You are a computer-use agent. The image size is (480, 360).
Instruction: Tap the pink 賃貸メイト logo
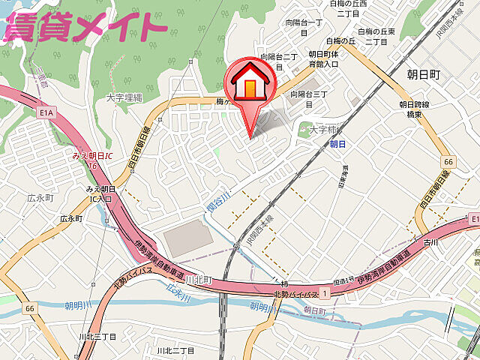point(84,27)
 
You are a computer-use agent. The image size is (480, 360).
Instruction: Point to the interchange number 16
point(92,164)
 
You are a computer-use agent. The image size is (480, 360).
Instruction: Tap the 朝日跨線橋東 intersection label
point(412,109)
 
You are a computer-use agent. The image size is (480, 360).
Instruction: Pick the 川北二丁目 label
point(175,350)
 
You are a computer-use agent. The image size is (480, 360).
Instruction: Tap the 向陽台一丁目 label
point(304,28)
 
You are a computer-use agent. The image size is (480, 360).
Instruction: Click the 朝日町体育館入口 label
point(323,59)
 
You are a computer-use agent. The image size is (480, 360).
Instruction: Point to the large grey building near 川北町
point(188,237)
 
